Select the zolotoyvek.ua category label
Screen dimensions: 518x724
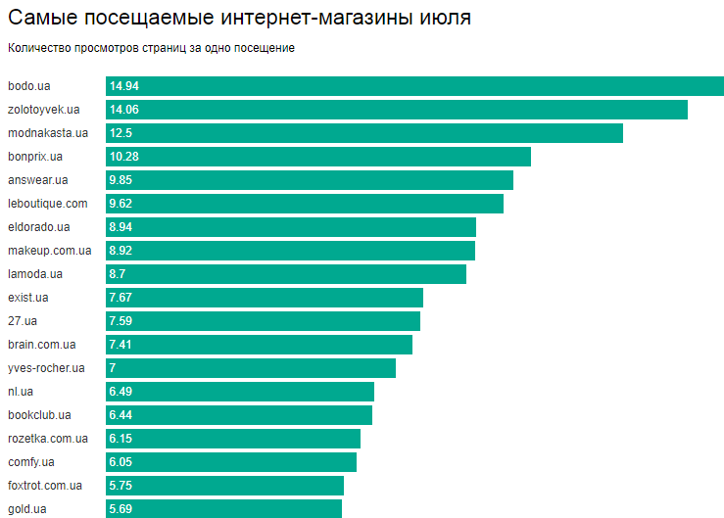pos(43,110)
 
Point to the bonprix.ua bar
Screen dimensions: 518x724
pos(318,157)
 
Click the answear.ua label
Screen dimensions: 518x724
pos(37,180)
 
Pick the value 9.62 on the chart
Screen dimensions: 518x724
pos(121,204)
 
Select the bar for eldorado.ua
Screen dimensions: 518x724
pos(291,227)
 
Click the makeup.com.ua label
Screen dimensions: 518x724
pos(49,251)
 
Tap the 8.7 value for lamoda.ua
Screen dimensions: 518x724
pos(118,274)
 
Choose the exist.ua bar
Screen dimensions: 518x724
pos(265,298)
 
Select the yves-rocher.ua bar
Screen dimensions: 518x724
pos(251,368)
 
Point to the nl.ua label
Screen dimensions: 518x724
pos(20,392)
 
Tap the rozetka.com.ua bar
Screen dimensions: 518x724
pos(233,439)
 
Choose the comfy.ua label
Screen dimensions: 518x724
pos(30,462)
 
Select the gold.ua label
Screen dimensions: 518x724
pos(26,509)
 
